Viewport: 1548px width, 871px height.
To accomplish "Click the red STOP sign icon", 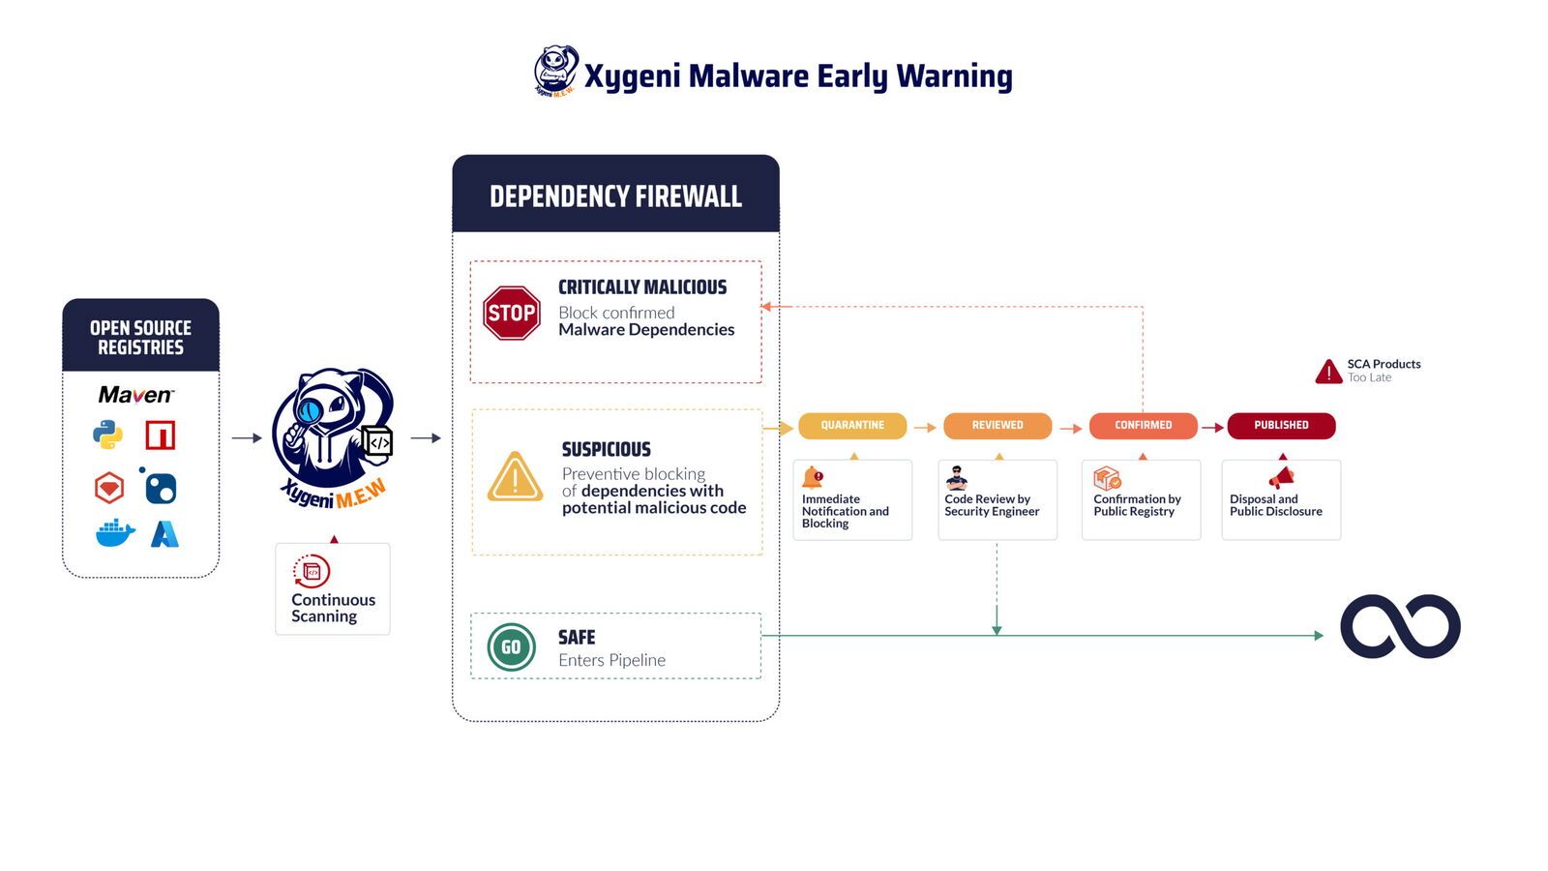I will click(511, 313).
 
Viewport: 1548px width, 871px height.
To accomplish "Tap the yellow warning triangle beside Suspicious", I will click(515, 477).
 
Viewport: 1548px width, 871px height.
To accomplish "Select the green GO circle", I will click(511, 646).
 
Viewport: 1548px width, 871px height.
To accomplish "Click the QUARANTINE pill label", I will click(852, 425).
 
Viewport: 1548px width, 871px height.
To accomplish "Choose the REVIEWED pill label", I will click(997, 425).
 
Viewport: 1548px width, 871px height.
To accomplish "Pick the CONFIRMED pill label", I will click(1143, 425).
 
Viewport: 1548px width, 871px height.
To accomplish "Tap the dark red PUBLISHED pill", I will click(1281, 425).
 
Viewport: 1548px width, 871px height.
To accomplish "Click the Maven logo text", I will click(135, 395).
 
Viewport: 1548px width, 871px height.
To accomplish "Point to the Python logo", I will click(107, 435).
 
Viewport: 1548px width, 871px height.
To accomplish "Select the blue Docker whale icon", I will click(115, 533).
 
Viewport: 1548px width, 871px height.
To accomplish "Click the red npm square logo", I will click(161, 435).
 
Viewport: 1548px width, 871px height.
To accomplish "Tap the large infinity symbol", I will click(1400, 626).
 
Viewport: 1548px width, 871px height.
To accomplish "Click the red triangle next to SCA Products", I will click(1328, 372).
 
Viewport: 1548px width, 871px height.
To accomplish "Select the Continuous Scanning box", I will click(332, 589).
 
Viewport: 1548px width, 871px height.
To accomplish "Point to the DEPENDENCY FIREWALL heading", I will click(615, 196).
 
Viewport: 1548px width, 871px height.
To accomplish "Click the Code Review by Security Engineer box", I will click(997, 499).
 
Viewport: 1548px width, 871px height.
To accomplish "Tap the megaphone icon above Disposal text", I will click(1282, 477).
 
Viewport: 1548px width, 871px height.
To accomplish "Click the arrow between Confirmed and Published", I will click(1212, 427).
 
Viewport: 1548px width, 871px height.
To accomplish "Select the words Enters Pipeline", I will click(611, 660).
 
